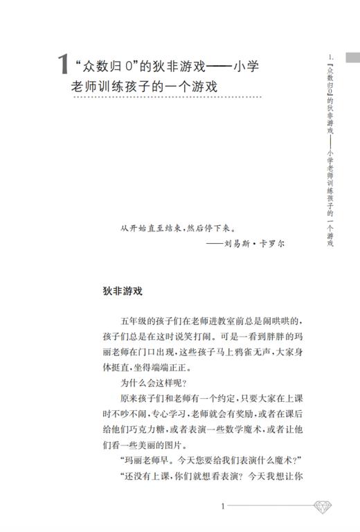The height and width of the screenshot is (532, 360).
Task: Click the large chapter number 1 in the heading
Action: click(x=63, y=66)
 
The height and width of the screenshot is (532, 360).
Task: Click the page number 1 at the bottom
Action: click(x=223, y=506)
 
